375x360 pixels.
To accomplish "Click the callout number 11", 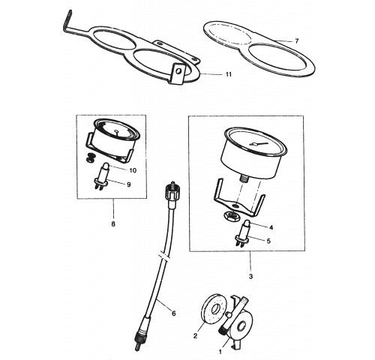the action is click(229, 74).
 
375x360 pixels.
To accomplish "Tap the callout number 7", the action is click(297, 41).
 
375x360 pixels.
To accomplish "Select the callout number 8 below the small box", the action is click(113, 224).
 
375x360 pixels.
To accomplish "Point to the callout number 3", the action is click(250, 277).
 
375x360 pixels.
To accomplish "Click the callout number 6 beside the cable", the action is click(174, 313).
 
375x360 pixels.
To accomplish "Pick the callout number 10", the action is click(133, 170).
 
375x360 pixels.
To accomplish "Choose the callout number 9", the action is click(128, 184).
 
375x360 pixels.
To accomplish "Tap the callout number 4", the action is click(271, 227).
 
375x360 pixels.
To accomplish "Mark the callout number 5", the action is click(268, 241).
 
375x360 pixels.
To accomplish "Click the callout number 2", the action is click(195, 335).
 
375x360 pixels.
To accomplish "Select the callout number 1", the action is click(220, 352).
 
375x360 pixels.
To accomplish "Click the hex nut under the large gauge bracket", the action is click(230, 215).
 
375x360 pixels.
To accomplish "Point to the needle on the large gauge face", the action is click(259, 144).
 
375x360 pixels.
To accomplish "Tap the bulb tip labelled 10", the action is click(106, 166).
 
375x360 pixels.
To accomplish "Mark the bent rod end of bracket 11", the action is click(67, 19).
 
